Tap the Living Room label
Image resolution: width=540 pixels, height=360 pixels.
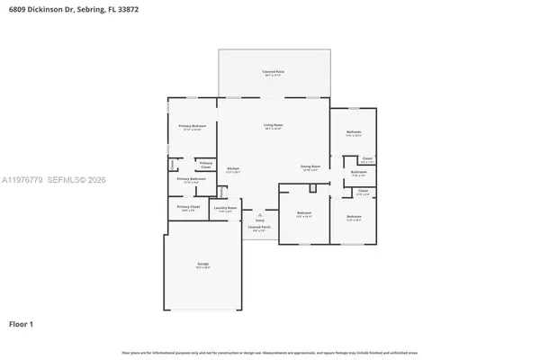273,125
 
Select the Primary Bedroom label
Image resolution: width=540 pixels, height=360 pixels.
192,126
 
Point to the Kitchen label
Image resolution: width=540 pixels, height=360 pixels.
232,168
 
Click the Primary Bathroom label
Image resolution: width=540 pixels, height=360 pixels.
191,178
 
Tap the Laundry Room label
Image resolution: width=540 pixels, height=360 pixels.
225,208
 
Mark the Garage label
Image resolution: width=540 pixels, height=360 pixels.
203,264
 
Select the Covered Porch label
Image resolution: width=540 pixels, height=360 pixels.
260,227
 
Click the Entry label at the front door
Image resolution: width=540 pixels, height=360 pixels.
260,220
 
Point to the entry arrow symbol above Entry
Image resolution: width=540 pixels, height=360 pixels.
260,214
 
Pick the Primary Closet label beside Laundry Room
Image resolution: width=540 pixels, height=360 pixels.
188,207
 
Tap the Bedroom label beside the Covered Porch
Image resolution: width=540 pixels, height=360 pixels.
304,212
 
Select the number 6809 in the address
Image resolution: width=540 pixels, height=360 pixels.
19,8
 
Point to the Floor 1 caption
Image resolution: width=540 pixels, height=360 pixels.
22,322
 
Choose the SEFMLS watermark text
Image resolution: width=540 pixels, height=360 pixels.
67,181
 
